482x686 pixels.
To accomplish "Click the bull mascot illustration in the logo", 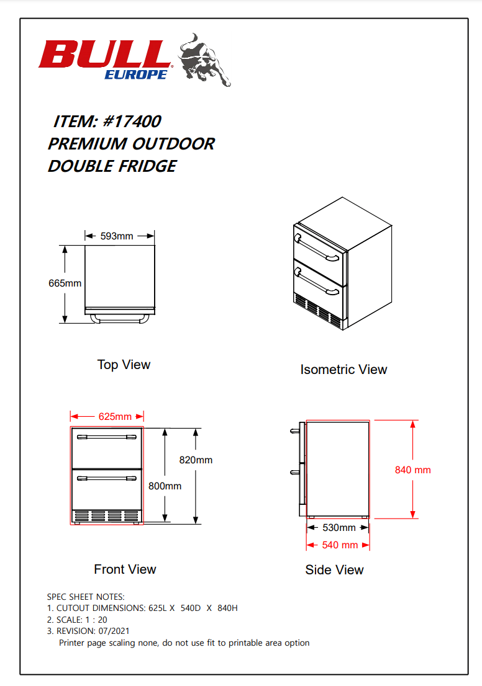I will point(204,60).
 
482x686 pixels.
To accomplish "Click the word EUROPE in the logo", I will point(135,74).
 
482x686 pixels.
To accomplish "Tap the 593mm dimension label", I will point(117,236).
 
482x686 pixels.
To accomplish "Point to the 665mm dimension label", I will point(65,283).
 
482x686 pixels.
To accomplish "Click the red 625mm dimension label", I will point(115,416).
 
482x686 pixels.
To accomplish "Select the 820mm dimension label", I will point(196,460).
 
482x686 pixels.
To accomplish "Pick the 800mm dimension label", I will point(165,486).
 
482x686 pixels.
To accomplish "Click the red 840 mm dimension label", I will point(412,470).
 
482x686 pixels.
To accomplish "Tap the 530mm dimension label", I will point(339,528).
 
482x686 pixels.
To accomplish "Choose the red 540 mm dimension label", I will point(340,545).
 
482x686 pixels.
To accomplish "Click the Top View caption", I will point(124,364).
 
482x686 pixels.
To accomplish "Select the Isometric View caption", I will point(343,370).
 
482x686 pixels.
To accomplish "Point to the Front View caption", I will point(125,569).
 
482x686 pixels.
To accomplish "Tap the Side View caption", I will point(334,569).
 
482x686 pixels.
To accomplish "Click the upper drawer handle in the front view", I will point(106,437).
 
